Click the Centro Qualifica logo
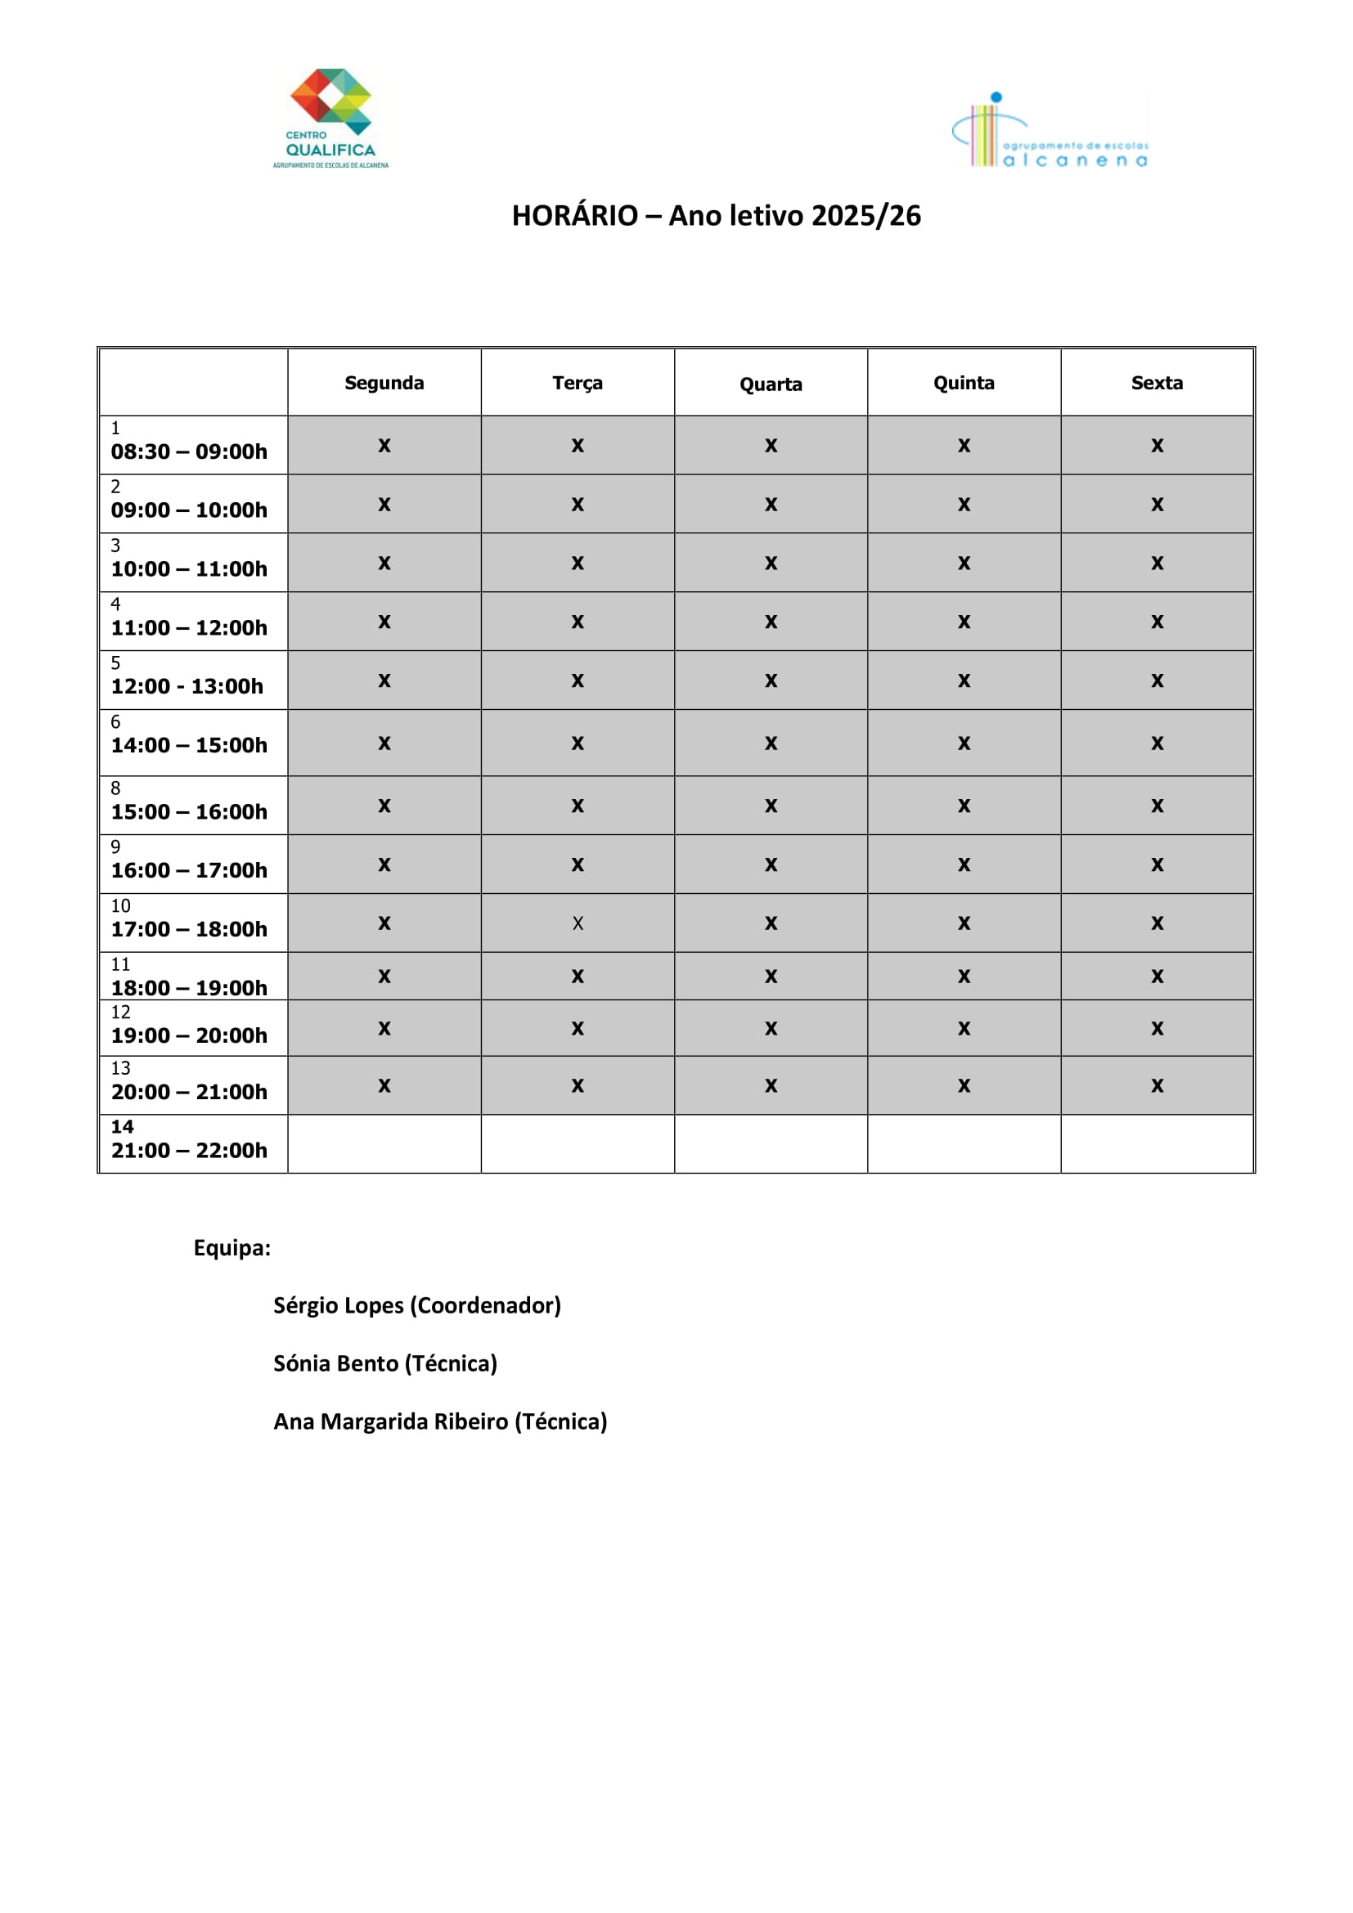pyautogui.click(x=330, y=118)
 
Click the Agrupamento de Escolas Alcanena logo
pyautogui.click(x=1049, y=132)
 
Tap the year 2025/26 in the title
pyautogui.click(x=865, y=216)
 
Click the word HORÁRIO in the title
pyautogui.click(x=574, y=216)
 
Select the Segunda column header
pyautogui.click(x=384, y=383)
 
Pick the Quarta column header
pyautogui.click(x=771, y=384)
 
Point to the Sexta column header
pyautogui.click(x=1157, y=383)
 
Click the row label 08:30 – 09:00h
pyautogui.click(x=189, y=451)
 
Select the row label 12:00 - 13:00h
pyautogui.click(x=187, y=686)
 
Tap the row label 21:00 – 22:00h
pyautogui.click(x=189, y=1151)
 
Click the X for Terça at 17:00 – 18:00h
pyautogui.click(x=578, y=923)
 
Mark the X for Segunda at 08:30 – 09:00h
pyautogui.click(x=384, y=446)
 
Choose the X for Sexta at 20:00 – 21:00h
pyautogui.click(x=1157, y=1085)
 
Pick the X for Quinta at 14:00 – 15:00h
pyautogui.click(x=964, y=743)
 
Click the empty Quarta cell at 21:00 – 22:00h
pyautogui.click(x=771, y=1144)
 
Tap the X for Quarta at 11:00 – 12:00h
pyautogui.click(x=771, y=622)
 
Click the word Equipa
pyautogui.click(x=231, y=1248)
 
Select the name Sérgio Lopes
pyautogui.click(x=339, y=1305)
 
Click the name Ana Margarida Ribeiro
pyautogui.click(x=390, y=1421)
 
